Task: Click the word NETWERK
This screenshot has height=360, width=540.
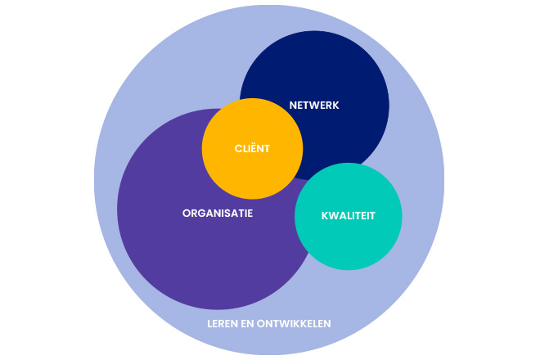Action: (x=314, y=106)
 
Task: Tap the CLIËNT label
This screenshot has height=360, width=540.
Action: (x=253, y=149)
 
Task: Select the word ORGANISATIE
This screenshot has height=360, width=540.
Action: (x=218, y=213)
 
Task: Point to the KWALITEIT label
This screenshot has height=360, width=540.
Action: (x=348, y=217)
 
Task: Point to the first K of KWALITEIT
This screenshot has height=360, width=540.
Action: (x=323, y=217)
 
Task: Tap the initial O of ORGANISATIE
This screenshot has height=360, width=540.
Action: (x=186, y=213)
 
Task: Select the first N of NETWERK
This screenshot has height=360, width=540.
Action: (x=293, y=106)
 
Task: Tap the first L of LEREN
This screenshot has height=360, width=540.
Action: (x=210, y=323)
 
